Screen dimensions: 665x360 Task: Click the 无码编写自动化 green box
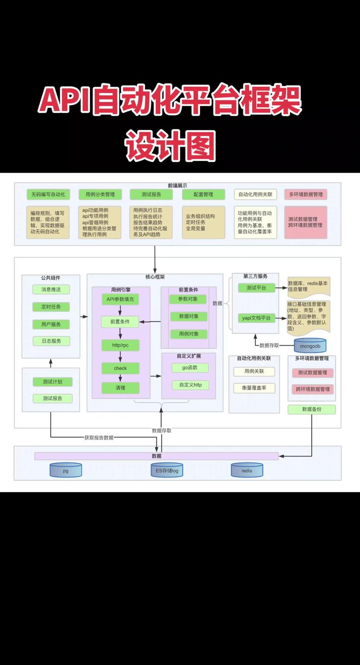click(x=48, y=194)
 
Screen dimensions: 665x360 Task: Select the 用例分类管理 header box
click(x=100, y=194)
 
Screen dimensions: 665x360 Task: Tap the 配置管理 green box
click(x=203, y=194)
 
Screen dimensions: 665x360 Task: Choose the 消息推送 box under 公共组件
click(x=51, y=289)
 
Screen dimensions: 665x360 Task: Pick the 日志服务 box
click(x=51, y=341)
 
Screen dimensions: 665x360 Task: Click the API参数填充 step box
click(x=120, y=300)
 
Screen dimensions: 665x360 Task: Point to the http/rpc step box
click(x=120, y=346)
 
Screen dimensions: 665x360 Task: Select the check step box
click(x=120, y=368)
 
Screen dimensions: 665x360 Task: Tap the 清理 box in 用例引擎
click(x=120, y=387)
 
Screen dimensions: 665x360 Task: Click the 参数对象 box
click(x=189, y=299)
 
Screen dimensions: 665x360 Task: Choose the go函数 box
click(x=190, y=368)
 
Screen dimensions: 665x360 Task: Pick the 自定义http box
click(x=190, y=385)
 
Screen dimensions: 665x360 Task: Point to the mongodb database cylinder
click(x=310, y=346)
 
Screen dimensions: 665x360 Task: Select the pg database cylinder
click(x=66, y=470)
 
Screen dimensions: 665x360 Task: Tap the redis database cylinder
click(x=247, y=470)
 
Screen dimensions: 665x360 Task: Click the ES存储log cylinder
click(x=167, y=470)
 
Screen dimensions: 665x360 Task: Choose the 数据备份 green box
click(x=312, y=409)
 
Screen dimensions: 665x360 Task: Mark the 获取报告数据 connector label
click(x=99, y=437)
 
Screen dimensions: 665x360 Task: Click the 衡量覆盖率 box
click(x=254, y=388)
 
